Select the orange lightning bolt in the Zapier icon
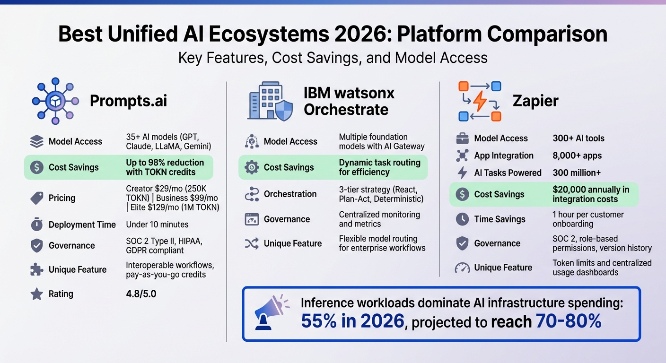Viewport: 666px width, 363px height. click(x=480, y=101)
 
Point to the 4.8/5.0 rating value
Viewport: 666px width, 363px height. click(x=141, y=294)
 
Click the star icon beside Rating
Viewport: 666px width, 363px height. click(x=36, y=294)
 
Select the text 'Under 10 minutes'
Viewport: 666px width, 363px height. click(x=157, y=225)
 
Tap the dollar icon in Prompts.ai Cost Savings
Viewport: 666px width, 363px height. click(x=36, y=167)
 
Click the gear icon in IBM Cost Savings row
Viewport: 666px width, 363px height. click(x=251, y=167)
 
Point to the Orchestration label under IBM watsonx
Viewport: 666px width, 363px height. click(x=290, y=194)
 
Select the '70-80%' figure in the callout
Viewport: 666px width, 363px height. click(x=569, y=322)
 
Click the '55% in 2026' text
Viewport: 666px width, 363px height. click(x=353, y=322)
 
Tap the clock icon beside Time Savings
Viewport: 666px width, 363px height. click(x=462, y=219)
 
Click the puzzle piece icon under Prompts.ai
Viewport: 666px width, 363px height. click(x=36, y=270)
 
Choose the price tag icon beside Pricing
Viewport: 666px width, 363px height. click(x=36, y=198)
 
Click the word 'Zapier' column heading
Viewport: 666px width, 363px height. click(x=535, y=101)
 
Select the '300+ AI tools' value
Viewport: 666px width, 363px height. click(x=578, y=138)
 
